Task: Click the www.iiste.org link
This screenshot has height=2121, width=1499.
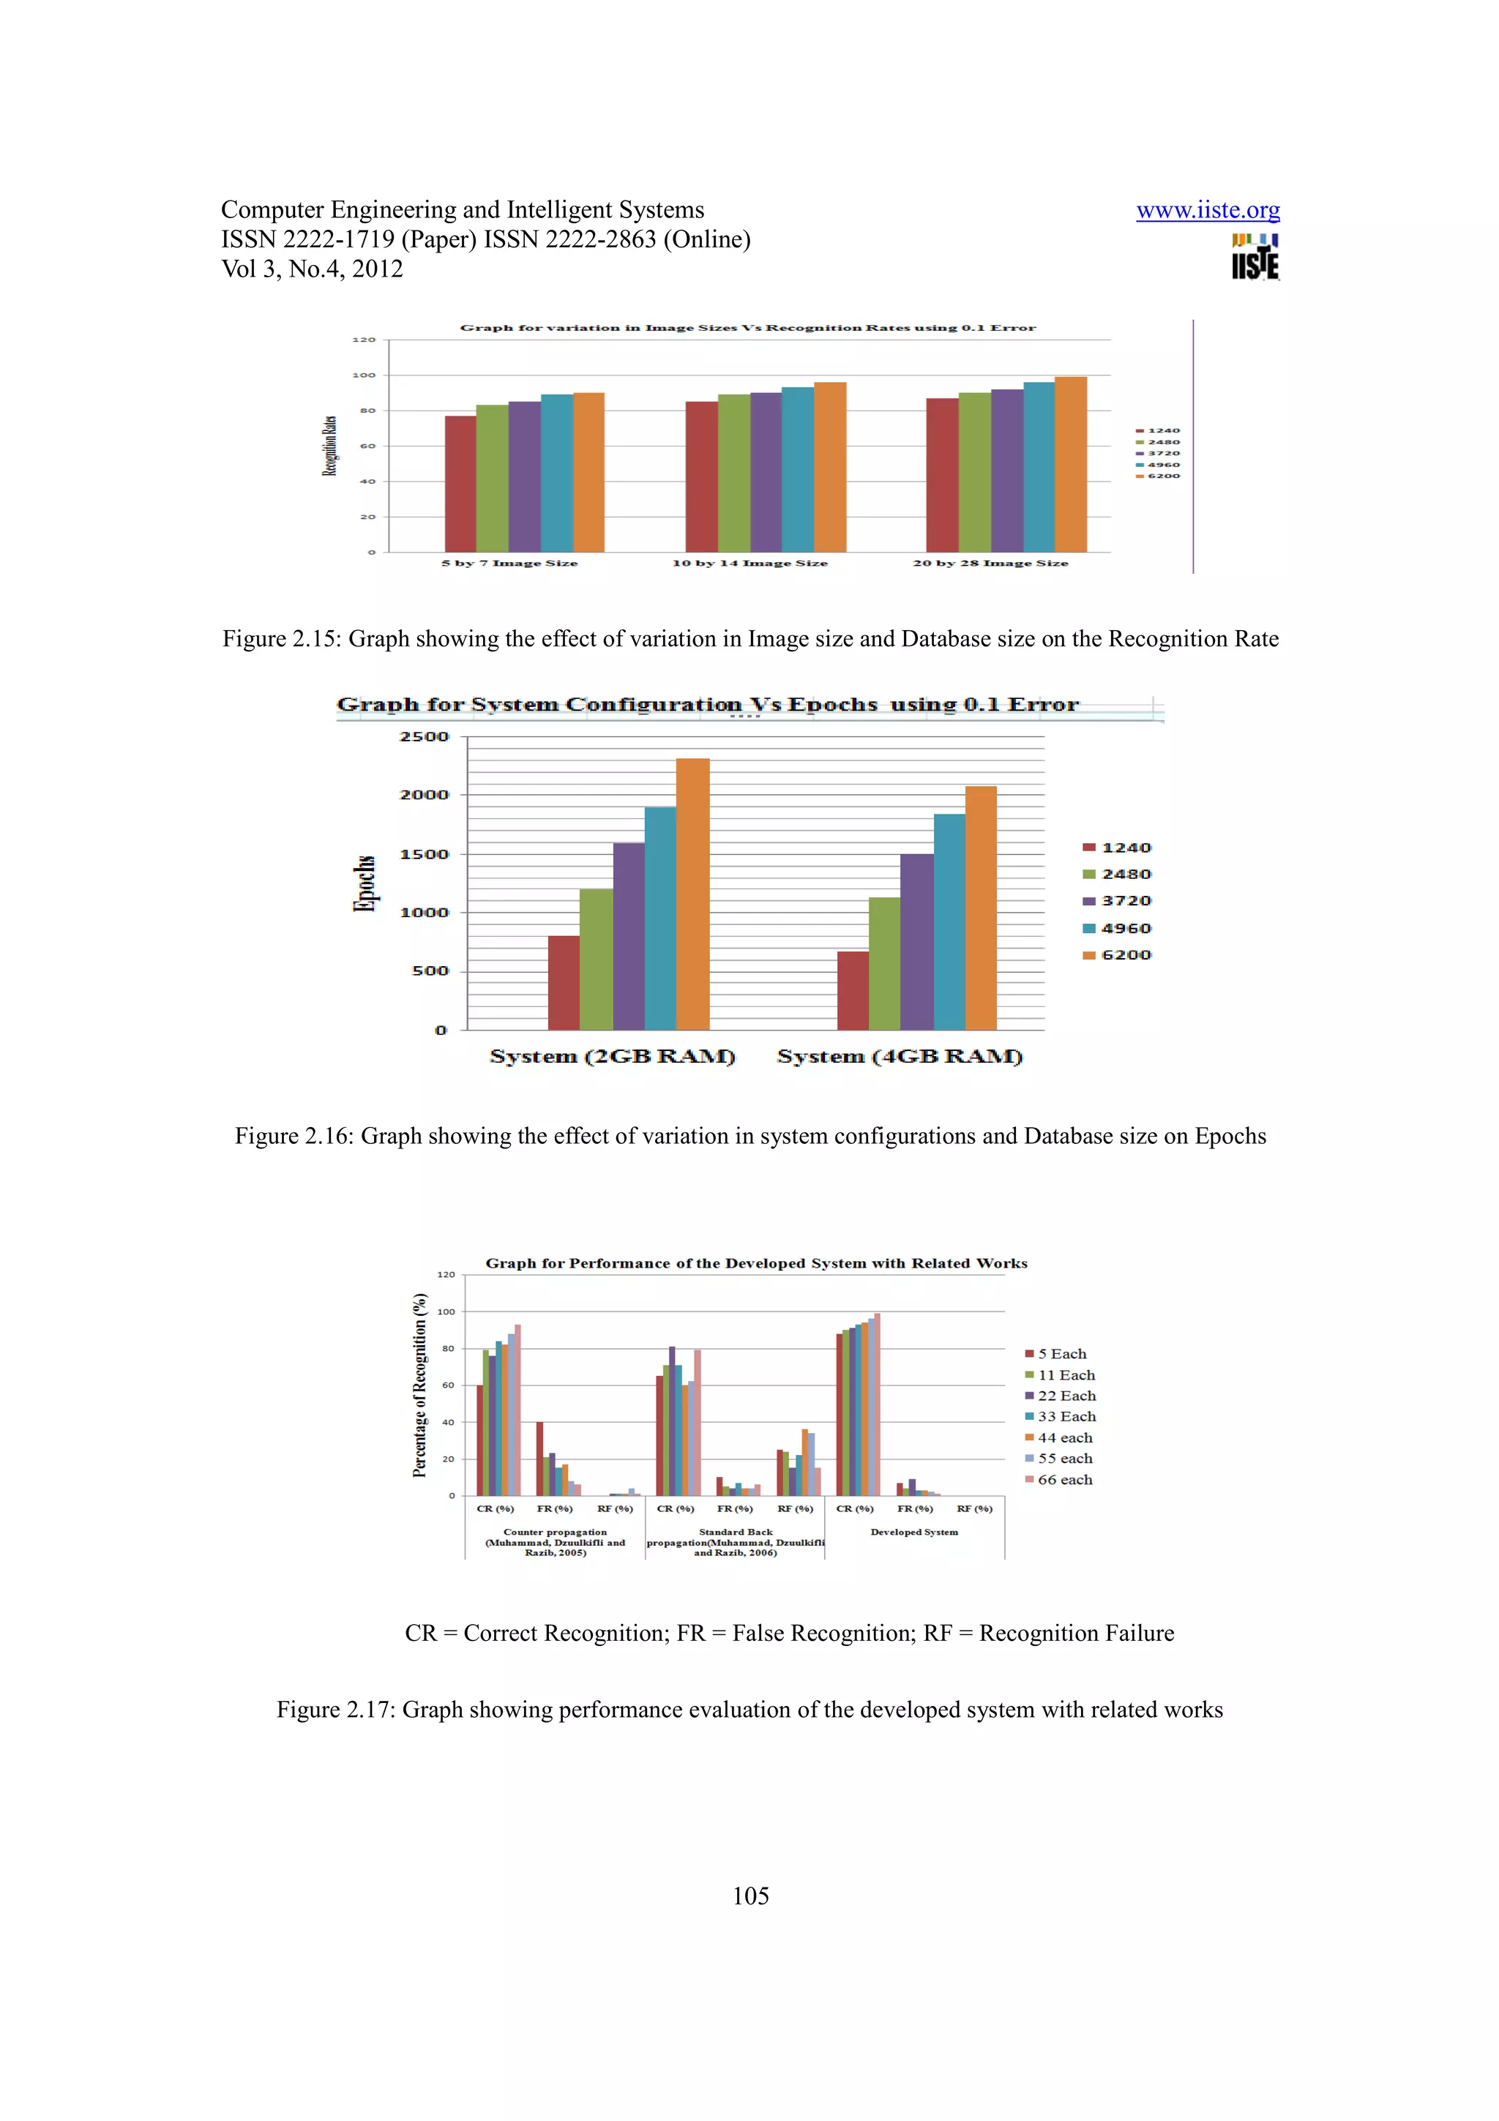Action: (x=1207, y=211)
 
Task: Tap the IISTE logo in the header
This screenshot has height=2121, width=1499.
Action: (x=1255, y=257)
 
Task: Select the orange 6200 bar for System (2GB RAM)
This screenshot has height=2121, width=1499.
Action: (x=692, y=894)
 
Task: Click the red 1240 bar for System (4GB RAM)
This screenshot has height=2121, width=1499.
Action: (x=853, y=990)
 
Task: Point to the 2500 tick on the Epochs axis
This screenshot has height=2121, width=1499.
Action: (x=424, y=736)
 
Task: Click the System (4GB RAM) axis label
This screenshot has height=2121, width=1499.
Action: (x=900, y=1056)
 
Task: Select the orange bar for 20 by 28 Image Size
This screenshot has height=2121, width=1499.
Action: (x=1070, y=465)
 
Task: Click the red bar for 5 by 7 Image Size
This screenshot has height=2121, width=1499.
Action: (x=460, y=484)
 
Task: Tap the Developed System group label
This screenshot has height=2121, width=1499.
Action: (x=913, y=1532)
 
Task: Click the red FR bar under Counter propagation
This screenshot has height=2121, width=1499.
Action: (x=539, y=1459)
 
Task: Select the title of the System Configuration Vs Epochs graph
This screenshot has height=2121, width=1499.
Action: (x=708, y=704)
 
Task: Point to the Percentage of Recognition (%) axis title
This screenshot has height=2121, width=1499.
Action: (x=420, y=1385)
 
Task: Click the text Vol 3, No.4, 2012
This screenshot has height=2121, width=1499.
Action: (x=313, y=269)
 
